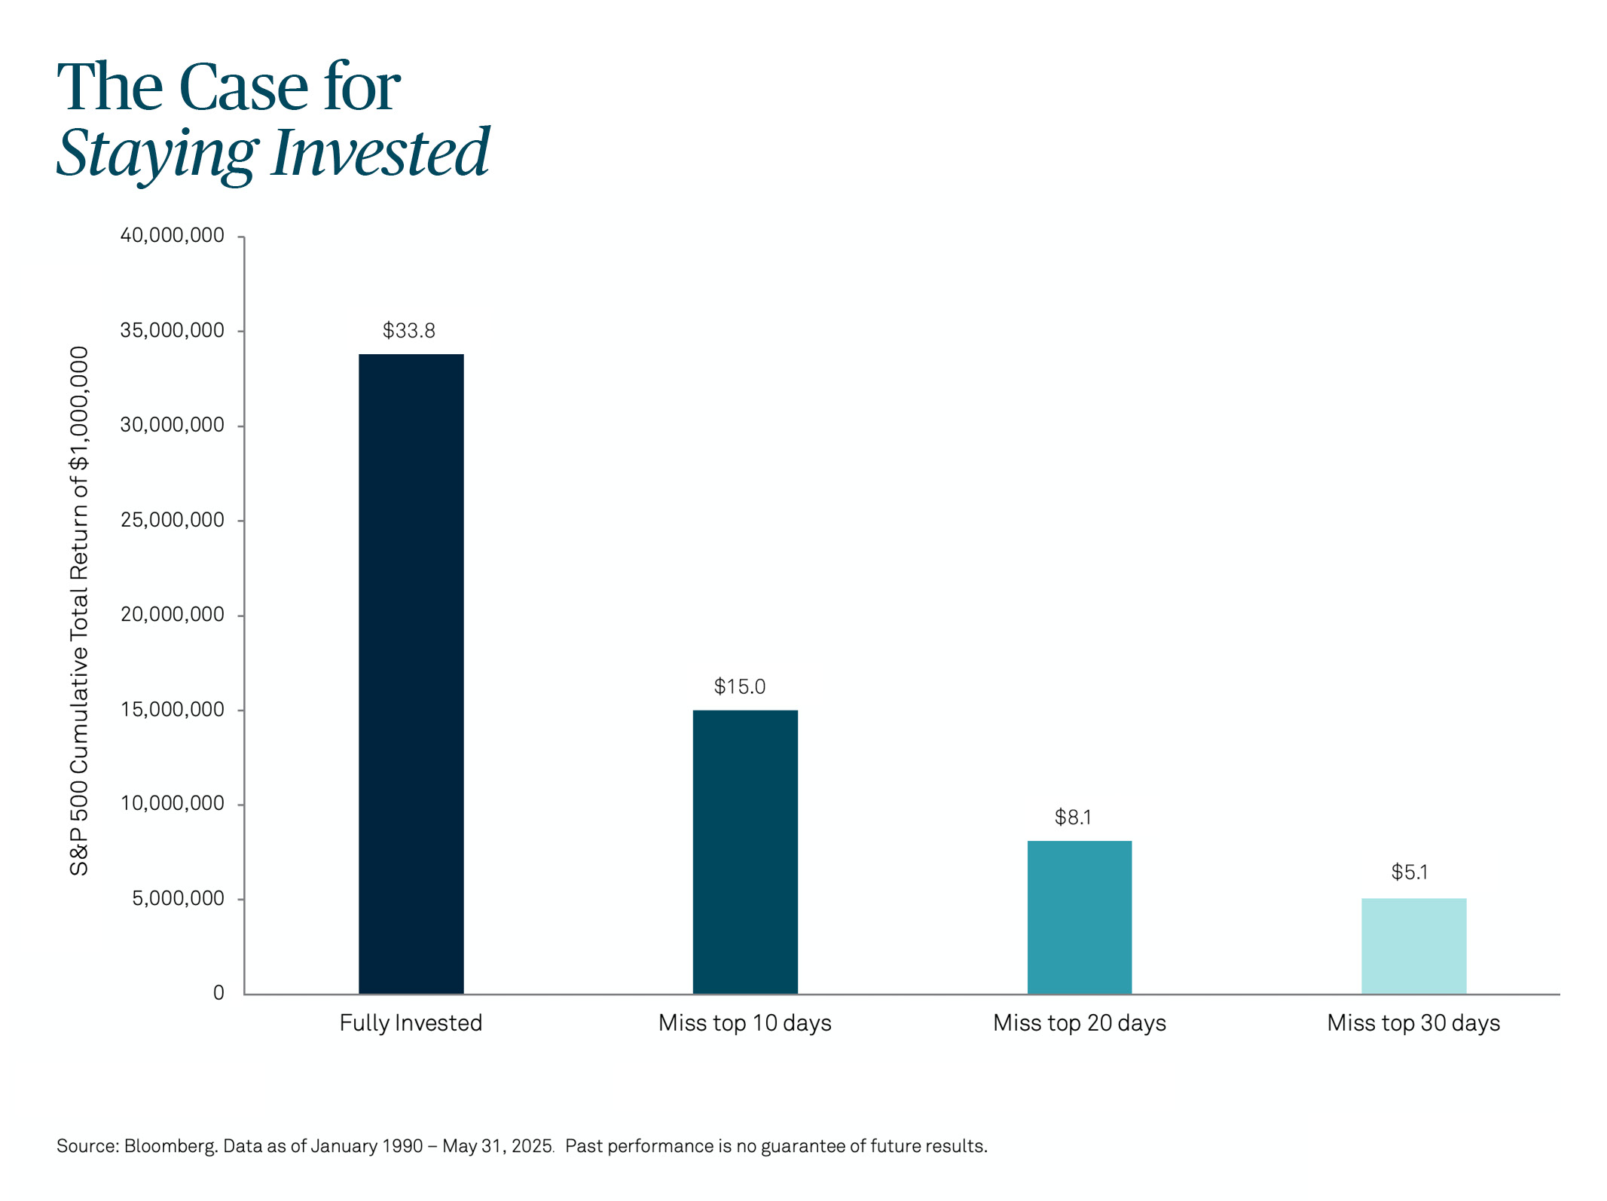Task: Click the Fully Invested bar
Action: (411, 674)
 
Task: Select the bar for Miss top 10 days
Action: (745, 852)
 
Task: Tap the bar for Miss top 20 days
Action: (1080, 917)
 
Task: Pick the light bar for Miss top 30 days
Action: (1414, 946)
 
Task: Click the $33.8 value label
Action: (409, 331)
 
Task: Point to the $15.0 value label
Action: (740, 686)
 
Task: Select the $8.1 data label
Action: (1073, 817)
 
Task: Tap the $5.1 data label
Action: (1410, 872)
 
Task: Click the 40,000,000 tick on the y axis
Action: (173, 236)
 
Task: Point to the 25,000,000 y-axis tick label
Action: (173, 520)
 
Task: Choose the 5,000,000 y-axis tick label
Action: (179, 899)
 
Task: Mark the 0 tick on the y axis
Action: (218, 993)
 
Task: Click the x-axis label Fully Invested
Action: (411, 1023)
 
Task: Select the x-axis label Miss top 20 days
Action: (1080, 1023)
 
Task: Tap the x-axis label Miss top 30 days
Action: (1413, 1023)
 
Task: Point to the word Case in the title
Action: (243, 87)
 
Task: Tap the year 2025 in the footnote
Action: (532, 1146)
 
